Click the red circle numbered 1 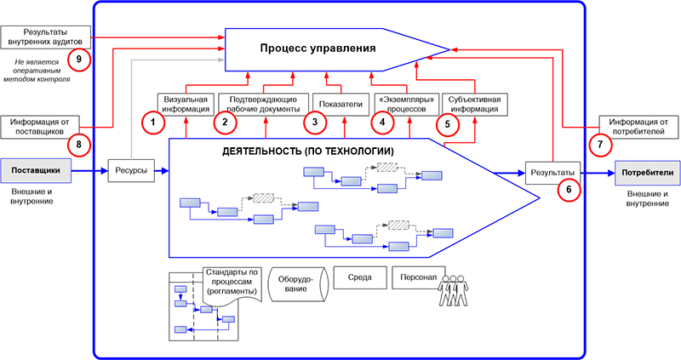click(152, 123)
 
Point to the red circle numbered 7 click(601, 145)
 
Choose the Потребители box click(647, 172)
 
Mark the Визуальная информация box click(181, 103)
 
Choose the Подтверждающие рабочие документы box click(260, 103)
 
